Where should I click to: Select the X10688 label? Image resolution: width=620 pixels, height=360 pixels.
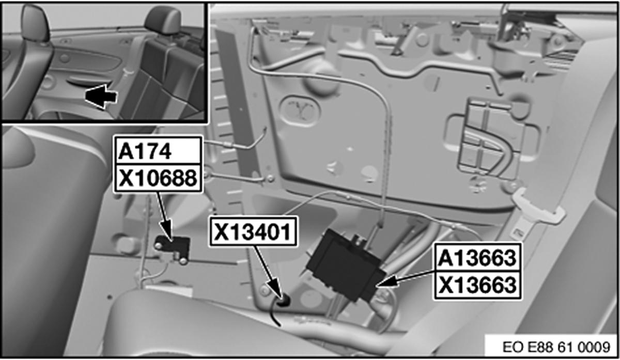pyautogui.click(x=158, y=178)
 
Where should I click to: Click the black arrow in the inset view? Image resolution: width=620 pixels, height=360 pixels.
pyautogui.click(x=100, y=98)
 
